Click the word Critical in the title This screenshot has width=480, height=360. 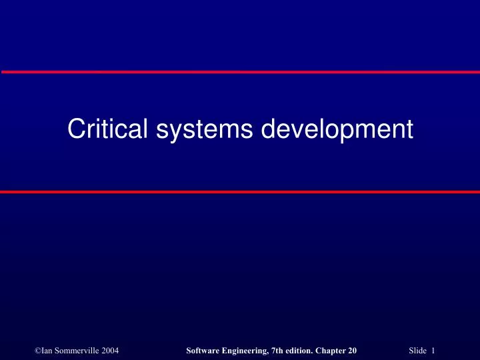109,129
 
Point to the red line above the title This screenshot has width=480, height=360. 240,71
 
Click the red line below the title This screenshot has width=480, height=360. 240,191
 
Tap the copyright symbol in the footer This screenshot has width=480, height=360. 37,332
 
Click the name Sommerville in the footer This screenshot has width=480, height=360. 75,332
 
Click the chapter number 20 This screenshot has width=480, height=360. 353,332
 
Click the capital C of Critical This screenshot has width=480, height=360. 75,129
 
